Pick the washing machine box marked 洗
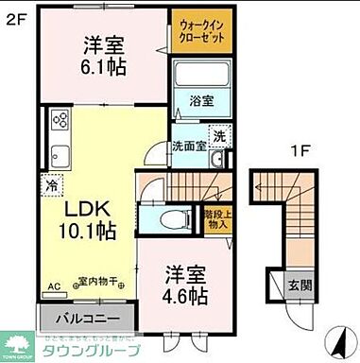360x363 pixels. coord(217,136)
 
